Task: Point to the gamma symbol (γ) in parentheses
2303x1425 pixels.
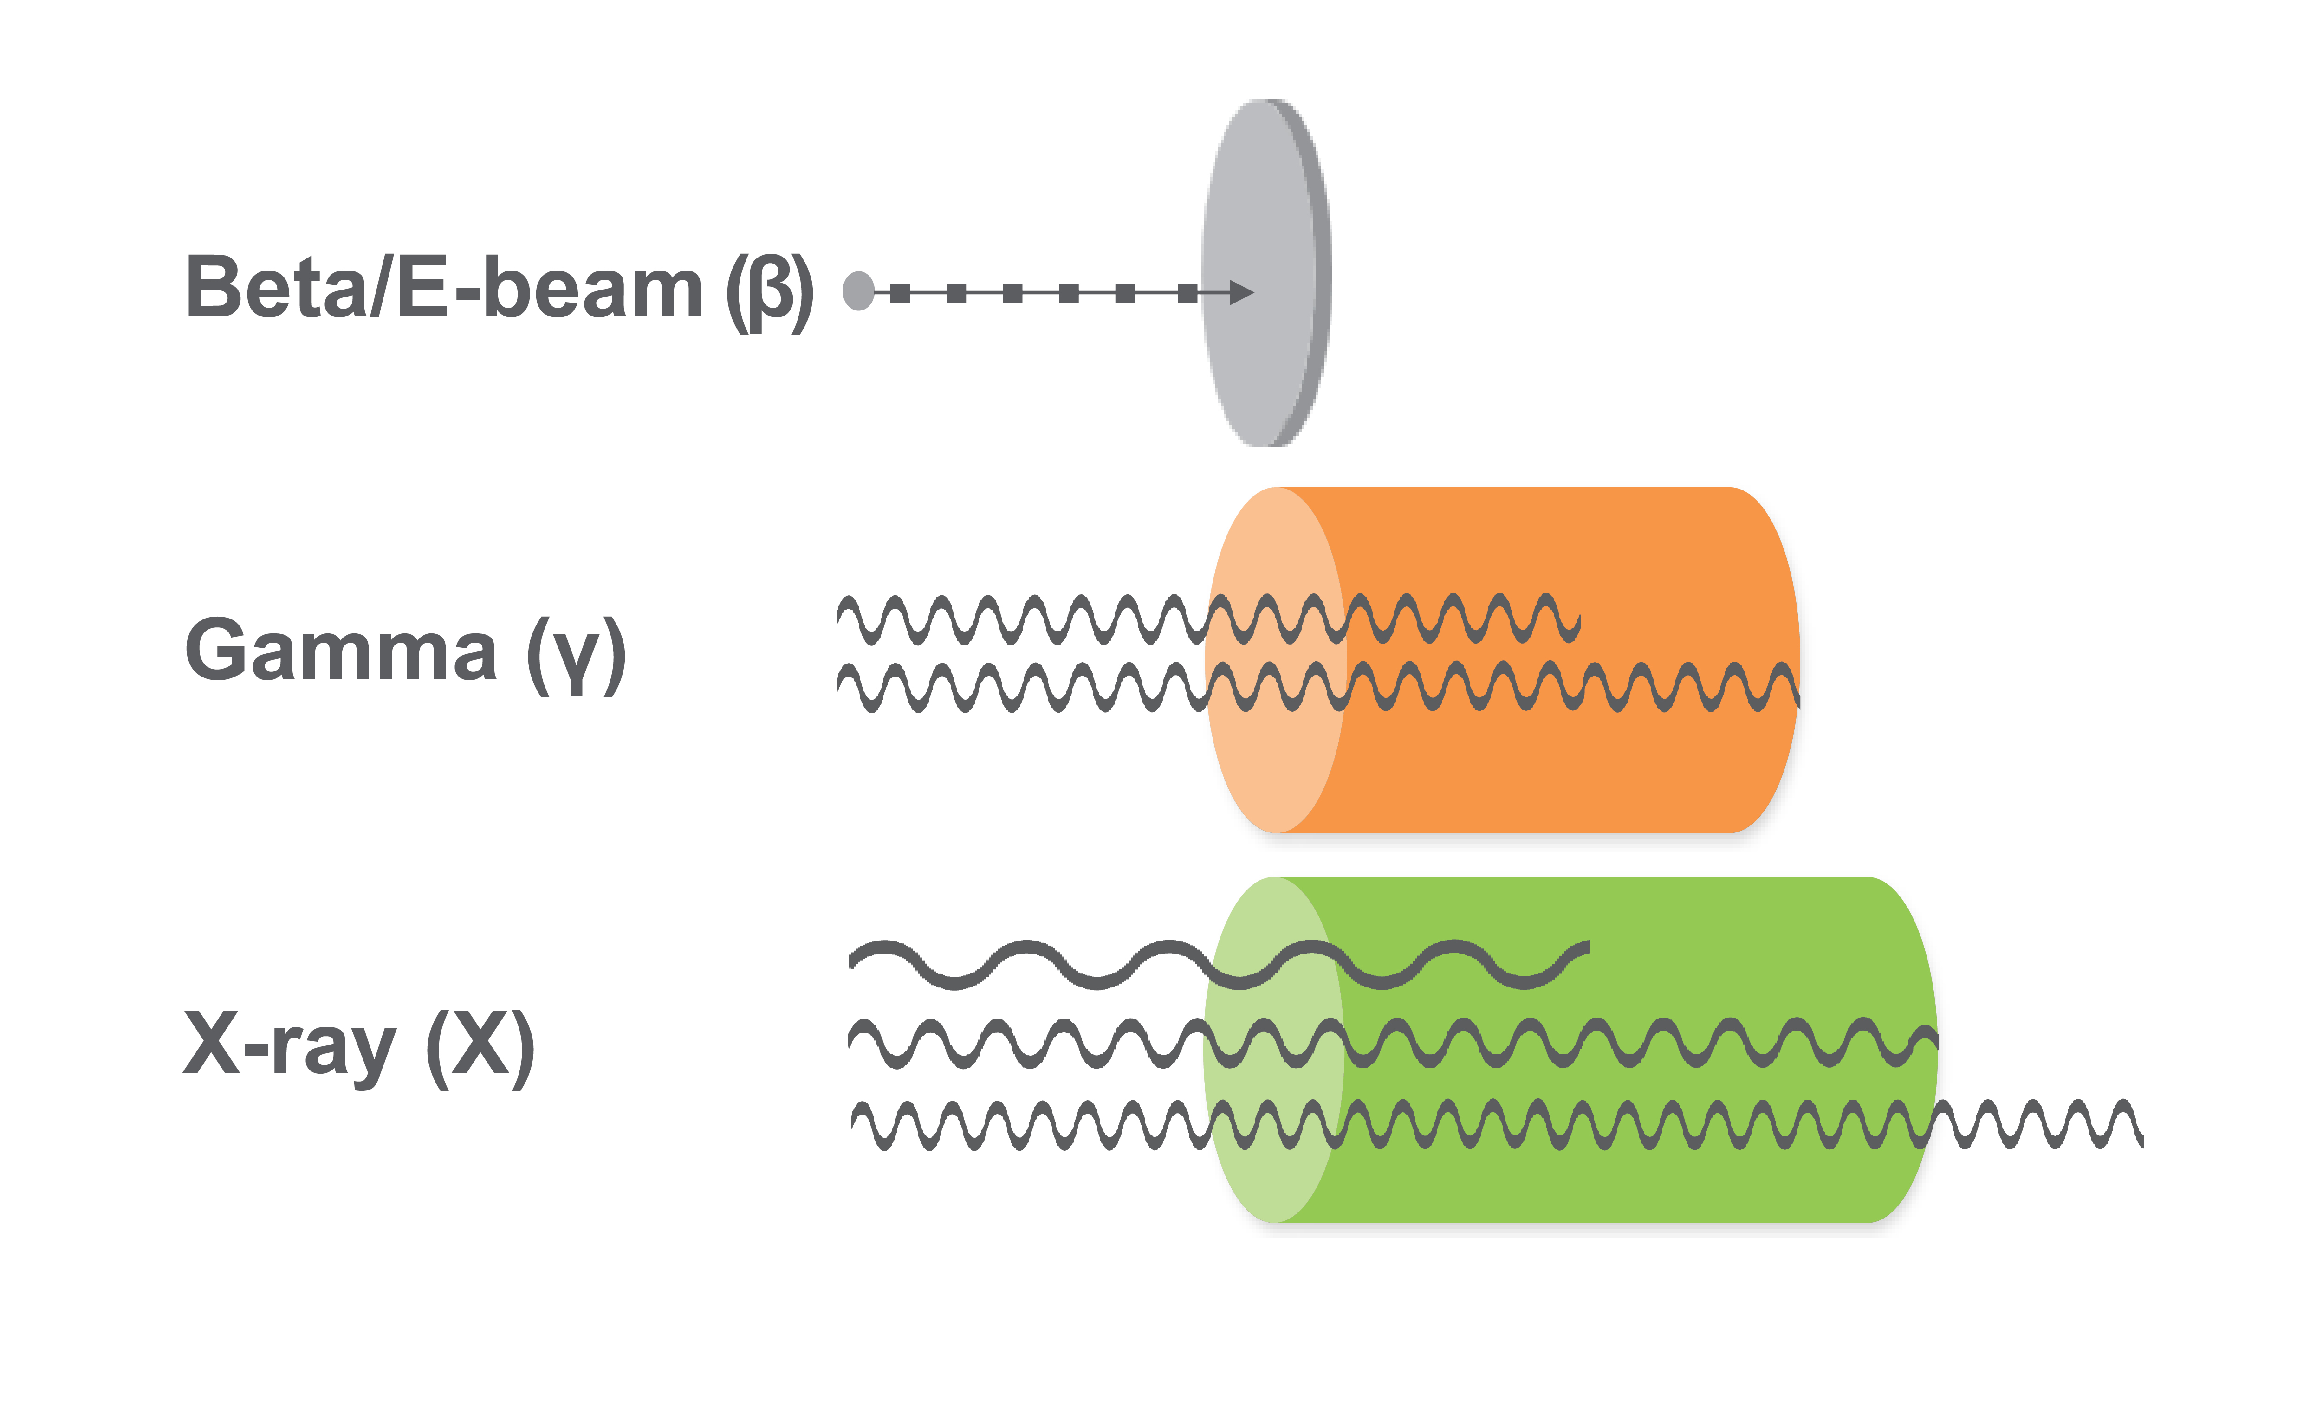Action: pos(575,655)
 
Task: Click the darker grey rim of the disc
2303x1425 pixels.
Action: pos(1320,273)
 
